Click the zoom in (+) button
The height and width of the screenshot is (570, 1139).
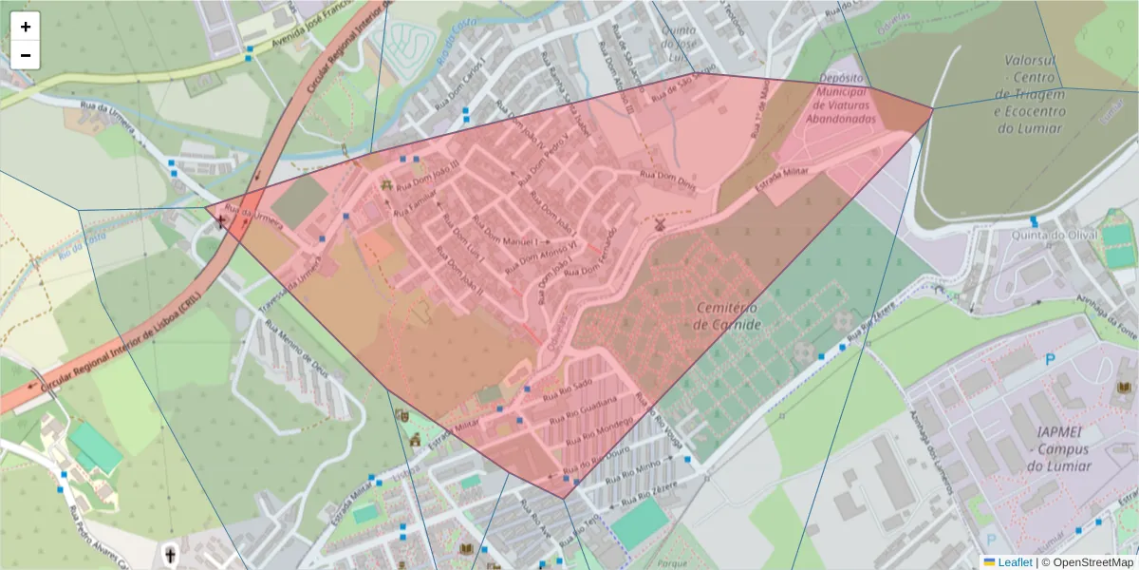tap(26, 27)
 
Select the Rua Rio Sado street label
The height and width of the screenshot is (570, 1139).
tap(568, 389)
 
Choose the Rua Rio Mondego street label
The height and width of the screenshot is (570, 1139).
tap(598, 430)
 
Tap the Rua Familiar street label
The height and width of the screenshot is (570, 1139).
tap(416, 198)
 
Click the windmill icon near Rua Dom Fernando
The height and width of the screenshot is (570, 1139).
tap(658, 224)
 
